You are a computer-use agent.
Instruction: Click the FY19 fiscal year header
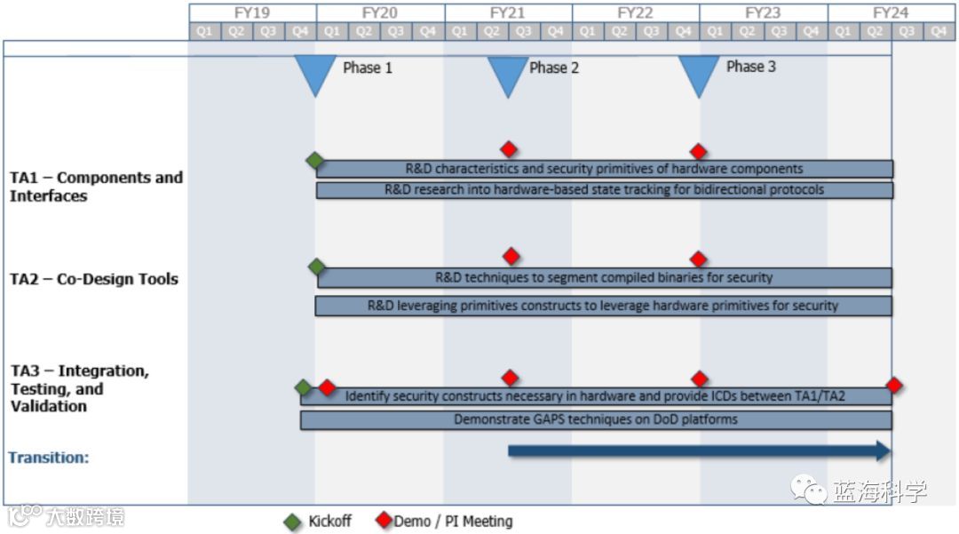tap(252, 12)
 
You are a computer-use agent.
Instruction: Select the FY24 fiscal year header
tap(891, 12)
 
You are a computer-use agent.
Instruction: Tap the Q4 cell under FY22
tap(683, 31)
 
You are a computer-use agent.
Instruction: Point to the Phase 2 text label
tap(554, 68)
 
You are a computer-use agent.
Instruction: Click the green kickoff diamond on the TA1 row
tap(314, 160)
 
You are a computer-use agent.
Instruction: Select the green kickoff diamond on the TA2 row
tap(317, 267)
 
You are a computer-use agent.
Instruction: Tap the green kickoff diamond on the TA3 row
tap(303, 387)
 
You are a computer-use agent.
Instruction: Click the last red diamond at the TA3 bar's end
tap(894, 385)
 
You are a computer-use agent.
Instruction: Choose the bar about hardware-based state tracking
tap(604, 190)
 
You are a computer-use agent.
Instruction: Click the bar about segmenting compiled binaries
tap(604, 277)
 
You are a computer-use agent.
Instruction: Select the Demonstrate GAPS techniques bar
tap(596, 419)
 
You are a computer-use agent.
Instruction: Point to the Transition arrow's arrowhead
tap(883, 450)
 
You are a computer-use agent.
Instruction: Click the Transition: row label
tap(49, 458)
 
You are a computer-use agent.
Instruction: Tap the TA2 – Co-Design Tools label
tap(94, 279)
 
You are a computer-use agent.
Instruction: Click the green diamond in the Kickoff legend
tap(293, 522)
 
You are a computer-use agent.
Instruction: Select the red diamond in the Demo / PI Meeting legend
tap(384, 521)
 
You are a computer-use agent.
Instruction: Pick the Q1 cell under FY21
tap(460, 31)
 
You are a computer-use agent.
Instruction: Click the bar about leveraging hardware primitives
tap(604, 306)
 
